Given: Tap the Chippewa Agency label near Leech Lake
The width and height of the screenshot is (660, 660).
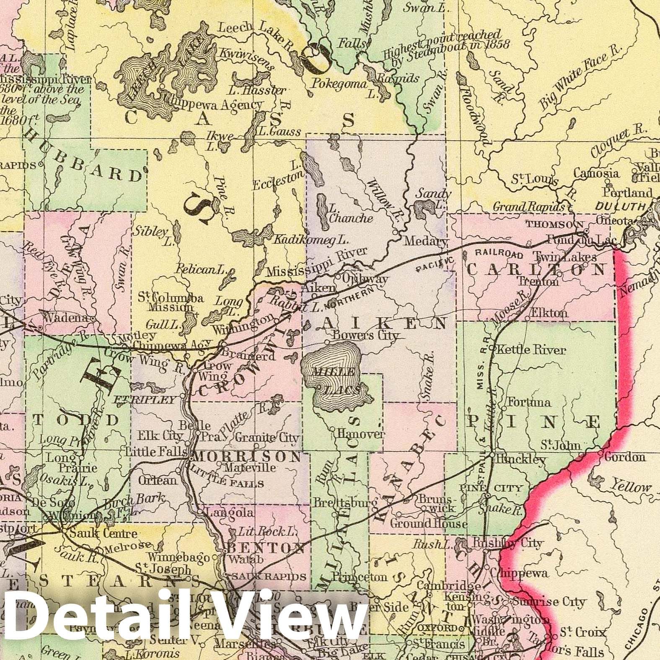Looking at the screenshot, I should click(216, 105).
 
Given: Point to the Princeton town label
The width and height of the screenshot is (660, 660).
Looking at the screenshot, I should click(359, 577).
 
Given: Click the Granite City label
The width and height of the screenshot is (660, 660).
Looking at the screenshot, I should click(267, 438).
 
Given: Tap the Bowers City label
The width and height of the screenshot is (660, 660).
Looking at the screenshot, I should click(364, 336).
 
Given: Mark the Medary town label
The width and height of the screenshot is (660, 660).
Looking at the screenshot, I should click(425, 242).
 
